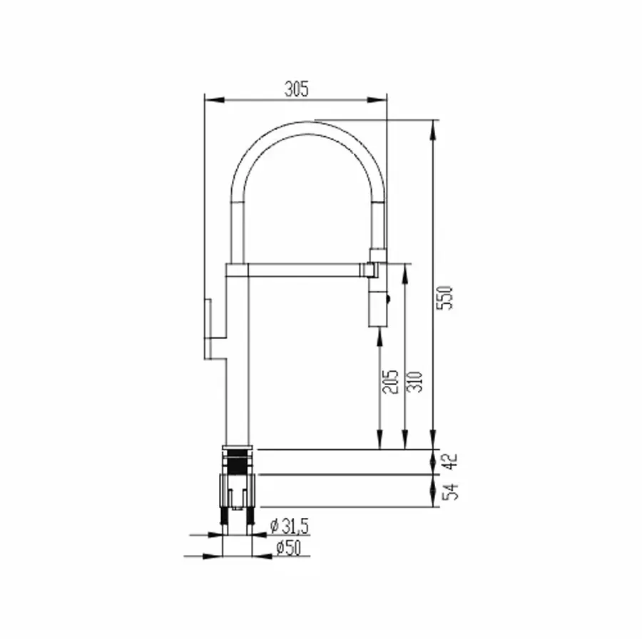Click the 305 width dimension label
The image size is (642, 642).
[297, 89]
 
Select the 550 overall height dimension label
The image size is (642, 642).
[445, 297]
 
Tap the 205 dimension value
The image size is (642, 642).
[390, 382]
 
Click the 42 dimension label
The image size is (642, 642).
[451, 462]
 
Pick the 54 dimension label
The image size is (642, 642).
[451, 491]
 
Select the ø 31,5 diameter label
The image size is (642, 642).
[290, 526]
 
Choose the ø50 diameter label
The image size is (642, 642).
[288, 548]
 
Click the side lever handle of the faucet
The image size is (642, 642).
[208, 329]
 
